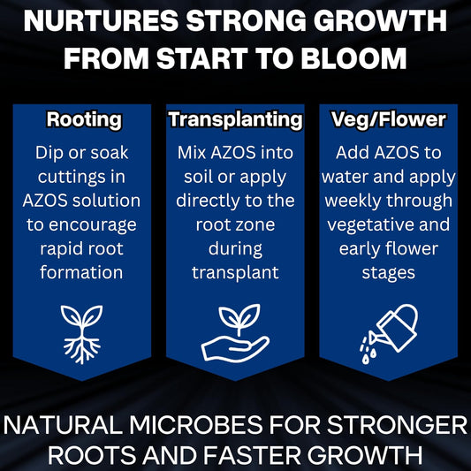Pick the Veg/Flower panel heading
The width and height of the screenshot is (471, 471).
(388, 119)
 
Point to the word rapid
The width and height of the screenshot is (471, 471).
(61, 248)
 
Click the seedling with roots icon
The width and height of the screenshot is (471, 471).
(80, 333)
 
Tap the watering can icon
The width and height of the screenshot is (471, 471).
(388, 333)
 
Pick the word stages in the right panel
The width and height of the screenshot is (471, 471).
(388, 272)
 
